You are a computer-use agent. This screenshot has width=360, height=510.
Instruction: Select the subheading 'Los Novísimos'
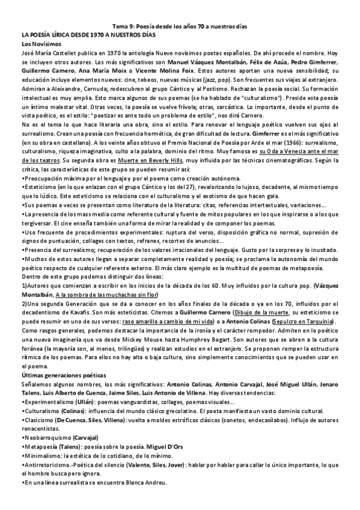[41, 45]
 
